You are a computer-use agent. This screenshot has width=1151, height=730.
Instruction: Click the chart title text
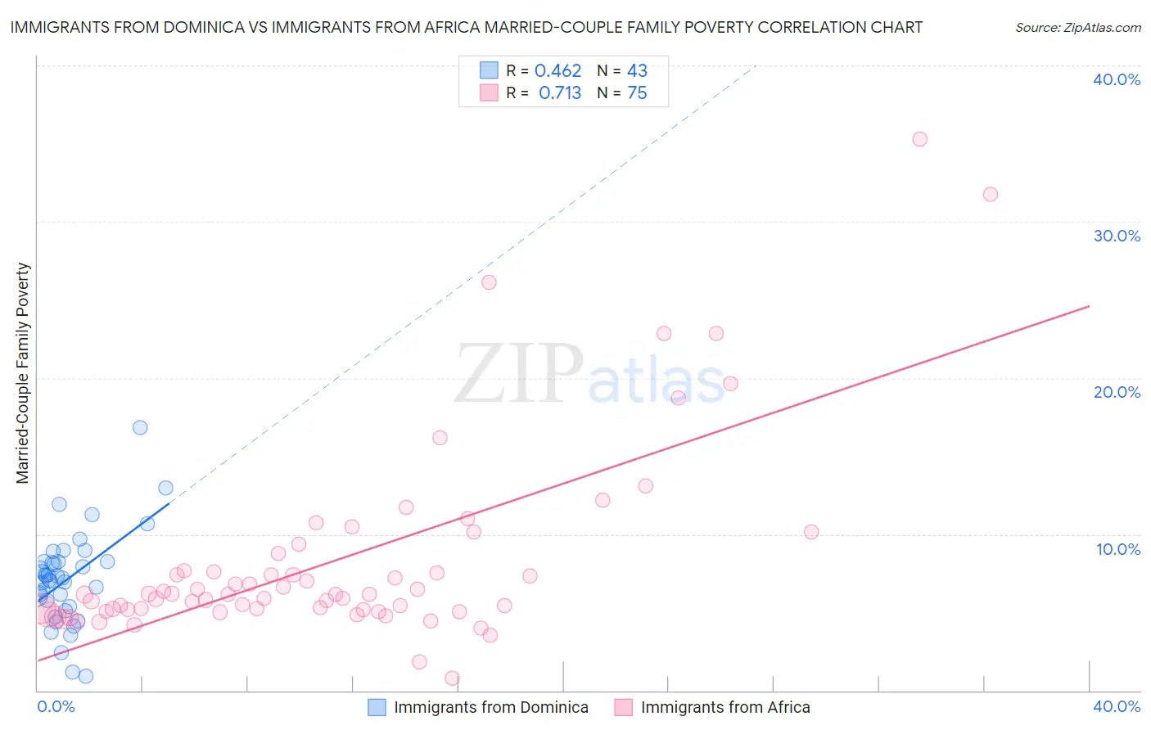(x=466, y=27)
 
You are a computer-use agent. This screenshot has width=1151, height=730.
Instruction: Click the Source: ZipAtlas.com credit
(x=1077, y=27)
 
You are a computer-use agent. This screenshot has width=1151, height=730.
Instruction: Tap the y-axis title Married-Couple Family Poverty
(x=23, y=372)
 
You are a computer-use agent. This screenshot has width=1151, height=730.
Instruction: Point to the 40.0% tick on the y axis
(x=1117, y=79)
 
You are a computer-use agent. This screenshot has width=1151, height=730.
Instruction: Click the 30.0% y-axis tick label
(x=1117, y=236)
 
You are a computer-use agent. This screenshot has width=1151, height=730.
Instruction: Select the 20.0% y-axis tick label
(x=1117, y=392)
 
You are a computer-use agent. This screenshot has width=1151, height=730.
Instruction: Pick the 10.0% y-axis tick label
(x=1118, y=549)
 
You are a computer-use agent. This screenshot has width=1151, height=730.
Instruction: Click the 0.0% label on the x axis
(x=56, y=706)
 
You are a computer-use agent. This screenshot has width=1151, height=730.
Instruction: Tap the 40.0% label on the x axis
(x=1117, y=706)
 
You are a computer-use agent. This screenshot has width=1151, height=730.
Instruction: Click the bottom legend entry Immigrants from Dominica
(x=490, y=707)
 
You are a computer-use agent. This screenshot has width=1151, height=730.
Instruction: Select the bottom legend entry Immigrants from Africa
(x=724, y=707)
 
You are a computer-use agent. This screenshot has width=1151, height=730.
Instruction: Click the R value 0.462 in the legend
(x=557, y=71)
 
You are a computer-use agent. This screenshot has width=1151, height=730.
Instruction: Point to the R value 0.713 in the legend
(x=560, y=93)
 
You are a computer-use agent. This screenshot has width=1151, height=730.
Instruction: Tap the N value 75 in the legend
(x=637, y=93)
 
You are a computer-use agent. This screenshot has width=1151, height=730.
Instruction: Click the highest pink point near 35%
(x=919, y=139)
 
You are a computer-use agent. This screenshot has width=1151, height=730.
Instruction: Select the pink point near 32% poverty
(x=991, y=194)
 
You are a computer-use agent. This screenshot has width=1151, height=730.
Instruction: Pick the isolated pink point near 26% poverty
(x=489, y=282)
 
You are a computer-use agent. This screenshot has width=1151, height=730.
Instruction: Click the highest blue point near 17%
(x=140, y=427)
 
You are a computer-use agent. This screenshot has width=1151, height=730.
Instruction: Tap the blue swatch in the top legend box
(x=489, y=70)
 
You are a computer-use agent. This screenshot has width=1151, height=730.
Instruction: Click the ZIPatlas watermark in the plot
(x=589, y=373)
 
